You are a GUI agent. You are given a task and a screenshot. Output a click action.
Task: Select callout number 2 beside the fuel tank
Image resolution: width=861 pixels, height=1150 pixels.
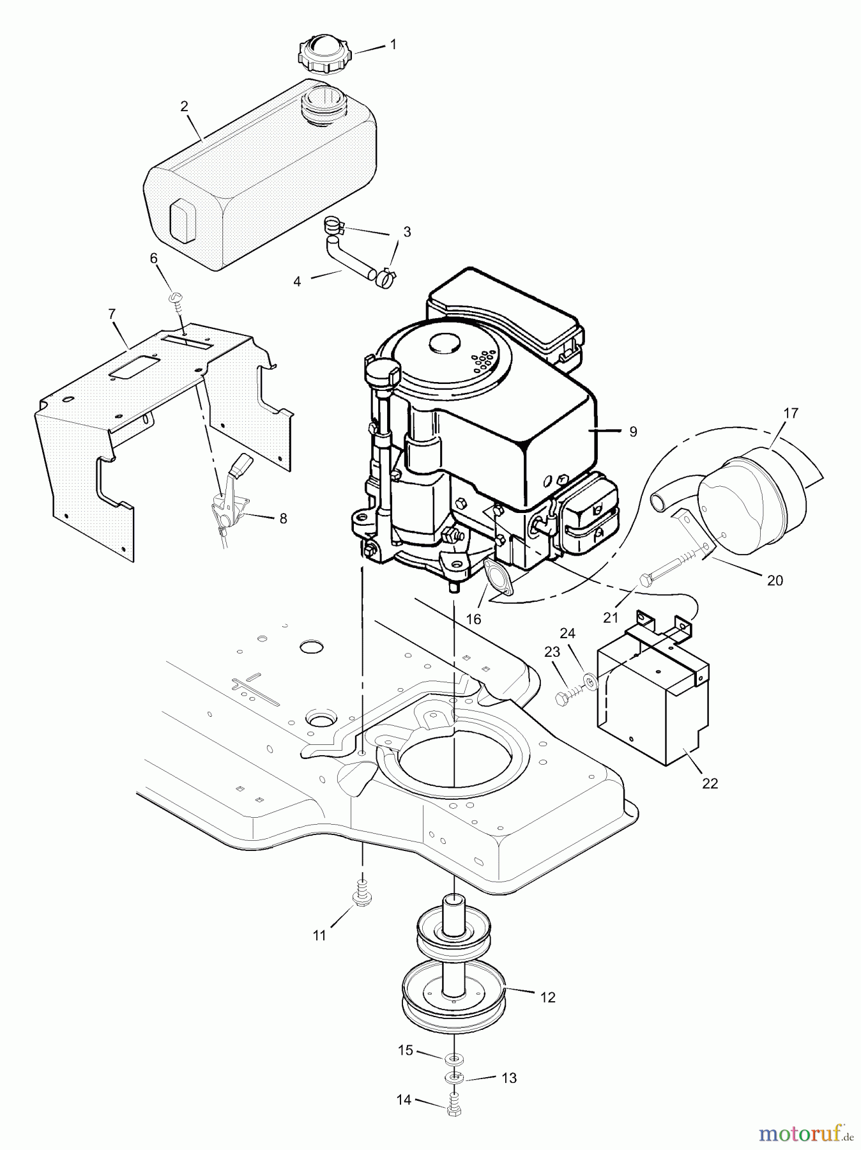(x=185, y=107)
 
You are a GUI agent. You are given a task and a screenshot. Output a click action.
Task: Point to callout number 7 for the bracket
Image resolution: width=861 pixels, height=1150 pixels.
(x=112, y=314)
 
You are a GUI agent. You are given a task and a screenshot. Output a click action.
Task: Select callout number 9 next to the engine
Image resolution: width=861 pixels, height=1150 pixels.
(x=633, y=432)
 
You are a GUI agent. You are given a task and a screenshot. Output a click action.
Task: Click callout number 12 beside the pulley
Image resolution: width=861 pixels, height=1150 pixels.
(x=547, y=997)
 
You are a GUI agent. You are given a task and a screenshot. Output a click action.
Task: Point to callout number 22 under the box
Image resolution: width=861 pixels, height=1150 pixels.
(x=710, y=783)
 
